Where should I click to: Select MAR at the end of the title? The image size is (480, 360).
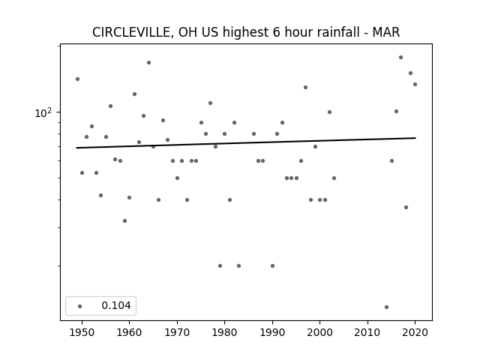[x=386, y=32]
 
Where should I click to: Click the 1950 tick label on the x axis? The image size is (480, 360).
[x=82, y=332]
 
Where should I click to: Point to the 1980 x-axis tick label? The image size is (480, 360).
[x=224, y=332]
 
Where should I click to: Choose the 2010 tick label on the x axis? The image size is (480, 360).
[x=367, y=332]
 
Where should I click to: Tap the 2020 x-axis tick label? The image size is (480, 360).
[x=415, y=332]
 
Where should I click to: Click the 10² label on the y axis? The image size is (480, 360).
[x=43, y=113]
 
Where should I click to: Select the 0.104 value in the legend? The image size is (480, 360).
[x=116, y=305]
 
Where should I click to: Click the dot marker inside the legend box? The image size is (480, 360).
[x=80, y=306]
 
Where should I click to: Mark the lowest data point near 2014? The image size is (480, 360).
[x=386, y=307]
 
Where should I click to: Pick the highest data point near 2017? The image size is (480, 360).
[x=400, y=58]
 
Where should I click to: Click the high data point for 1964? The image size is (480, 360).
[x=148, y=63]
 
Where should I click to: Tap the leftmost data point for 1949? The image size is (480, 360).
[x=77, y=79]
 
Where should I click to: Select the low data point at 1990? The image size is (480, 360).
[x=272, y=266]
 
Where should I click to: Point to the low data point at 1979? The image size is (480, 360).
[x=220, y=266]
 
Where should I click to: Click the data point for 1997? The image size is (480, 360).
[x=305, y=88]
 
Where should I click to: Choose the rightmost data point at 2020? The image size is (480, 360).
[x=415, y=85]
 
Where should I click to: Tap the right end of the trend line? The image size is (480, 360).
[x=415, y=138]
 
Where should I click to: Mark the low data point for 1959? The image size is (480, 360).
[x=124, y=221]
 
